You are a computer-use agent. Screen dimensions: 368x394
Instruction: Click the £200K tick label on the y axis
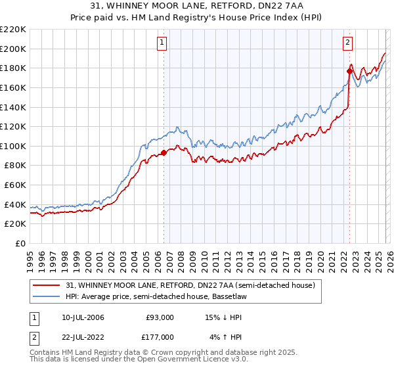pyautogui.click(x=12, y=49)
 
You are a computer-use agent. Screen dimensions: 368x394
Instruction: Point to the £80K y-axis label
pyautogui.click(x=14, y=166)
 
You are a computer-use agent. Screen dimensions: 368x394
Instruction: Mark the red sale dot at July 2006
pyautogui.click(x=164, y=153)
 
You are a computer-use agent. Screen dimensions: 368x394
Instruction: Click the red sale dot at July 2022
pyautogui.click(x=349, y=71)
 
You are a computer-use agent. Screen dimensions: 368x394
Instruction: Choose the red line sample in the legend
pyautogui.click(x=47, y=285)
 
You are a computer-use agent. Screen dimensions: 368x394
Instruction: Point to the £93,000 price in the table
pyautogui.click(x=158, y=317)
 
